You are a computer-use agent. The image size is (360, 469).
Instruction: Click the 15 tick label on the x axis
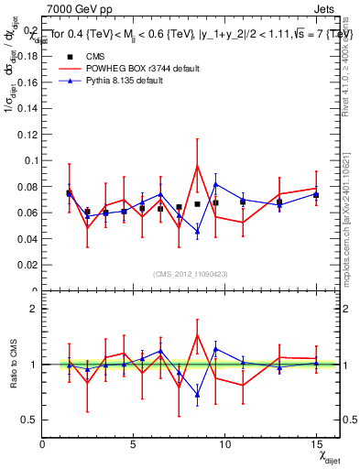tap(316, 444)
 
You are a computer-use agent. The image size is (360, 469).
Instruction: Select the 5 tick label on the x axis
tap(134, 444)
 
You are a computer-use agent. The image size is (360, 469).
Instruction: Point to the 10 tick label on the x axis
tap(224, 444)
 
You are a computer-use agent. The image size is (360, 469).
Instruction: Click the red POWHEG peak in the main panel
tap(197, 166)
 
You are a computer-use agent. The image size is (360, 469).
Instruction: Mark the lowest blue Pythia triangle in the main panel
tap(197, 232)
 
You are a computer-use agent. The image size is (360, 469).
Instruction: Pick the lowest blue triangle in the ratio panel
tap(197, 396)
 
